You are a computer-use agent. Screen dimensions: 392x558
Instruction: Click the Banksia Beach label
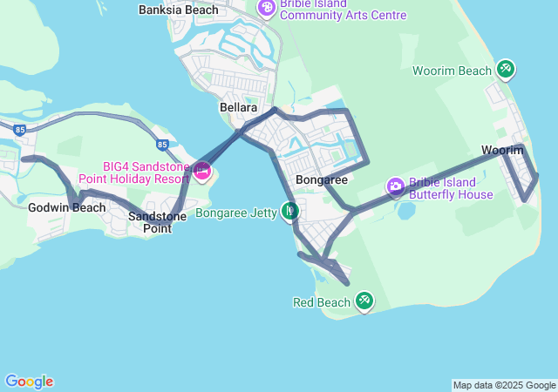179,10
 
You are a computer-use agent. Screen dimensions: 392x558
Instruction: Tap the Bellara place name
238,107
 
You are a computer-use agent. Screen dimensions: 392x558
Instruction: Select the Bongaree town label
322,179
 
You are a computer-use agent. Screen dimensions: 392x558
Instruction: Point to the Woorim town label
502,151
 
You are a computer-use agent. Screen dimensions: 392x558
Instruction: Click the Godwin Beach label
66,207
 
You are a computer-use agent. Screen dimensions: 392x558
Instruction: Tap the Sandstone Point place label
150,221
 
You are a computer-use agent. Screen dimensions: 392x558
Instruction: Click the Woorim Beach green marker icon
505,69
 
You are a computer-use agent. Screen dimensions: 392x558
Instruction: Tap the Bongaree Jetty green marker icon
290,211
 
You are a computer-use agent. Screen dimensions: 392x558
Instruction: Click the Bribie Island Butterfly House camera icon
396,186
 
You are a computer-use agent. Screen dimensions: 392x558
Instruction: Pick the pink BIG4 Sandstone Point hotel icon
202,171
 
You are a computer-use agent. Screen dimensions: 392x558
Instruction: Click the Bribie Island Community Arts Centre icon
266,9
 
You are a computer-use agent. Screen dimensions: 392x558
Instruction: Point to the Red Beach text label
321,302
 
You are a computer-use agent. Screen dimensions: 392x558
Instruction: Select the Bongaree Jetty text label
235,212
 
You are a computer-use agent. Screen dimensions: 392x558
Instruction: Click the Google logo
29,382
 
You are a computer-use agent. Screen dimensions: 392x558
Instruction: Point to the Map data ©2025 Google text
504,385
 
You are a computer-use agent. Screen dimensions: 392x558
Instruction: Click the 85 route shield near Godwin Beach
20,129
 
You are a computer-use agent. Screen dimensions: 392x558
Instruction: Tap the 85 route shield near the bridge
162,145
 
